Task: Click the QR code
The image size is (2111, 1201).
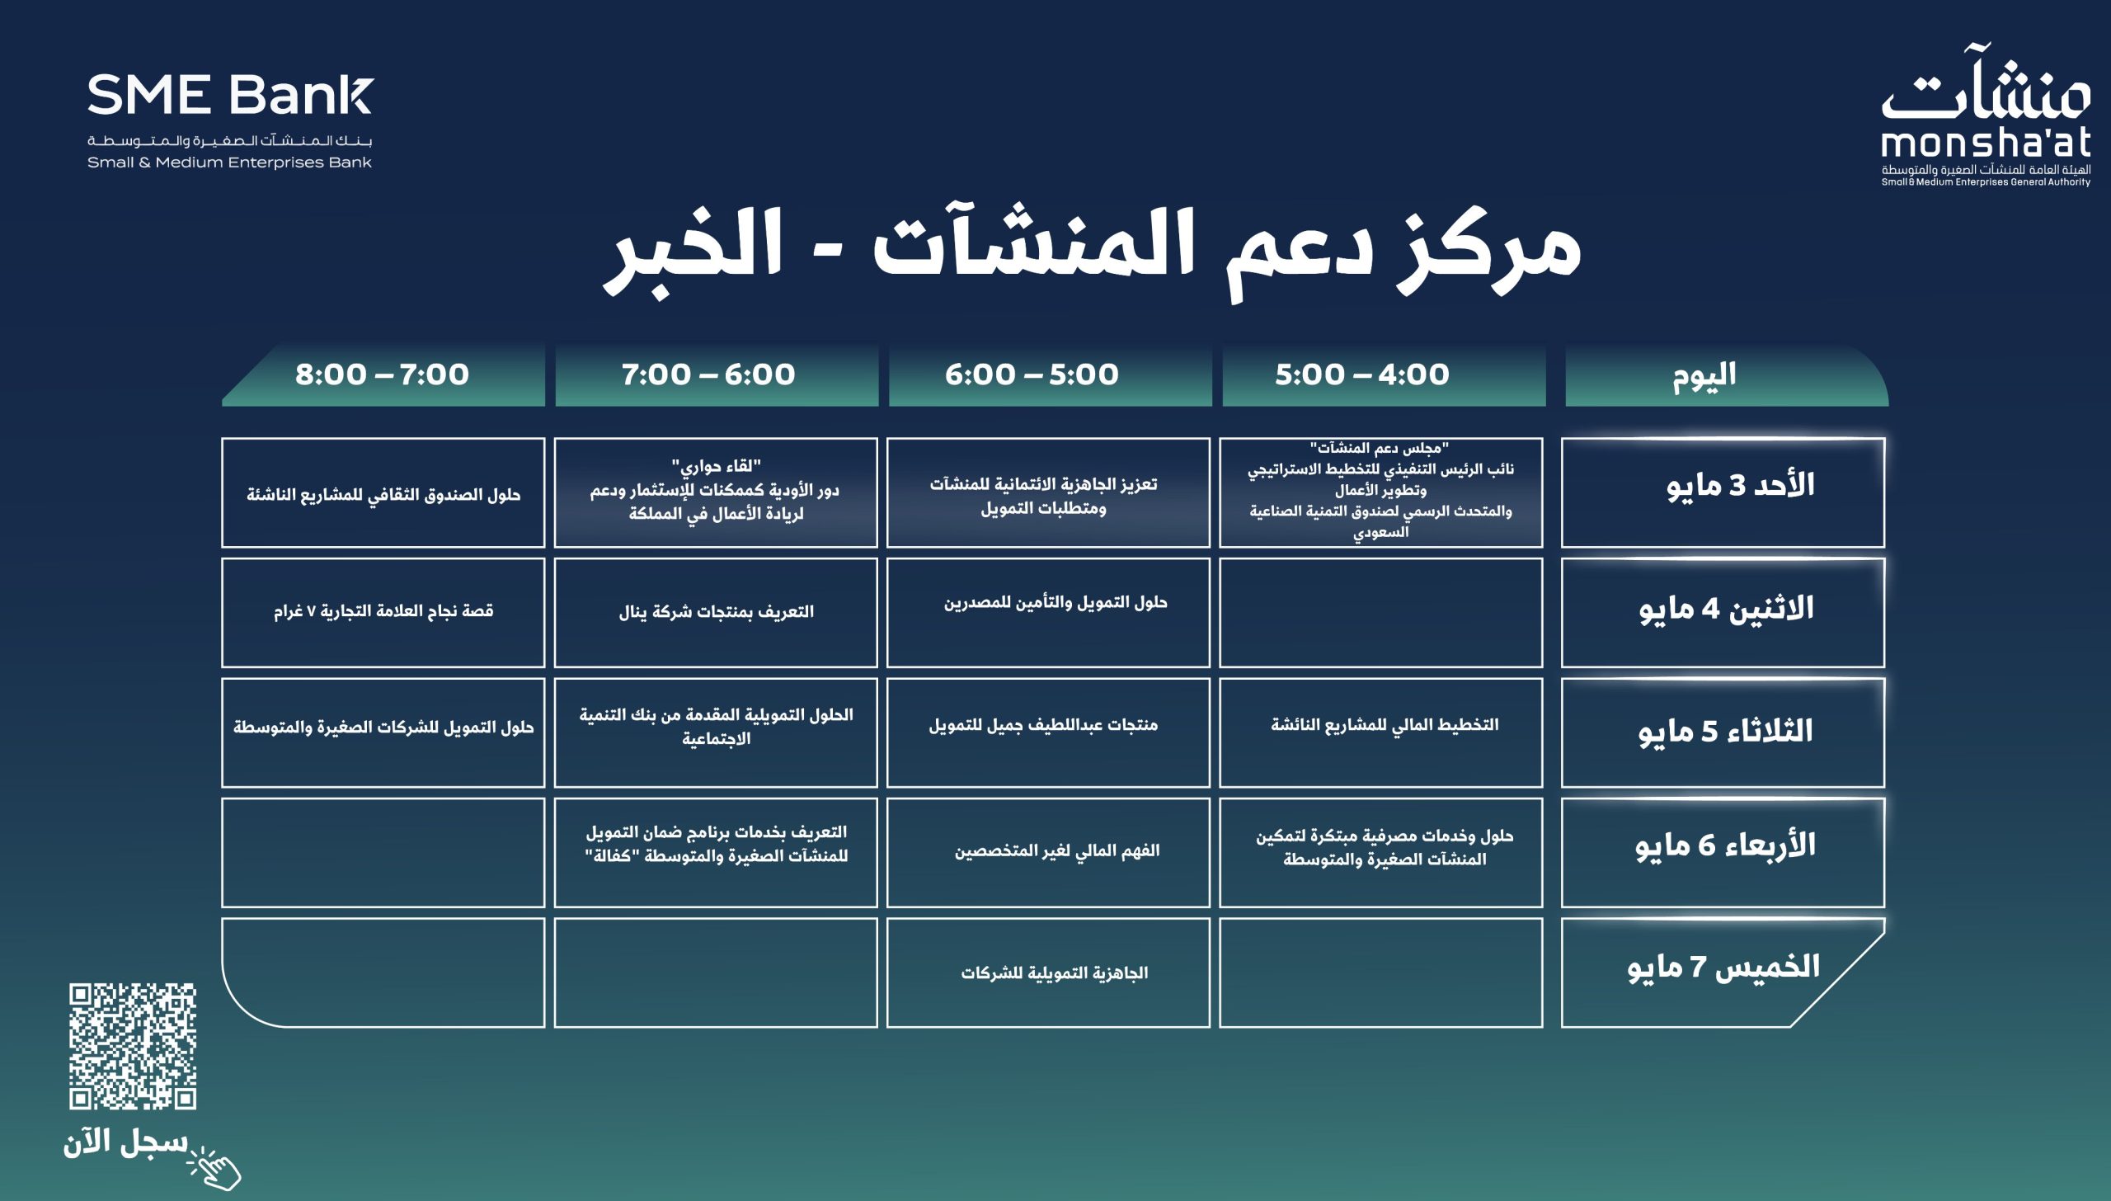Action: click(x=133, y=1045)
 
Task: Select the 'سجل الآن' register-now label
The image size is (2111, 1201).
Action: click(x=125, y=1142)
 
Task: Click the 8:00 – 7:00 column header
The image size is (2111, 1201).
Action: click(x=383, y=375)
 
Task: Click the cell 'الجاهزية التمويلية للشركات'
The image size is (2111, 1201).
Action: click(x=1048, y=973)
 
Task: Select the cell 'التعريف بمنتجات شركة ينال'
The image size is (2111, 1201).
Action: click(x=716, y=612)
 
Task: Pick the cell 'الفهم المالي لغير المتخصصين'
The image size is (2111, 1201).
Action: click(x=1048, y=852)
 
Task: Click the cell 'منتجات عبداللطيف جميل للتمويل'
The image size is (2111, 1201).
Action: click(x=1048, y=732)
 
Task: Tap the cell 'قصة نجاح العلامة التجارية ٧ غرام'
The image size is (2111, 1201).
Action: click(x=383, y=612)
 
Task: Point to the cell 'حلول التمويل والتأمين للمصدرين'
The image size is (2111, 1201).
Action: click(x=1048, y=612)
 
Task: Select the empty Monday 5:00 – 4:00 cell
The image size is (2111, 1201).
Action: click(x=1381, y=612)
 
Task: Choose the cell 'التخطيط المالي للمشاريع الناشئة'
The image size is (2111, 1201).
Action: click(x=1381, y=732)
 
